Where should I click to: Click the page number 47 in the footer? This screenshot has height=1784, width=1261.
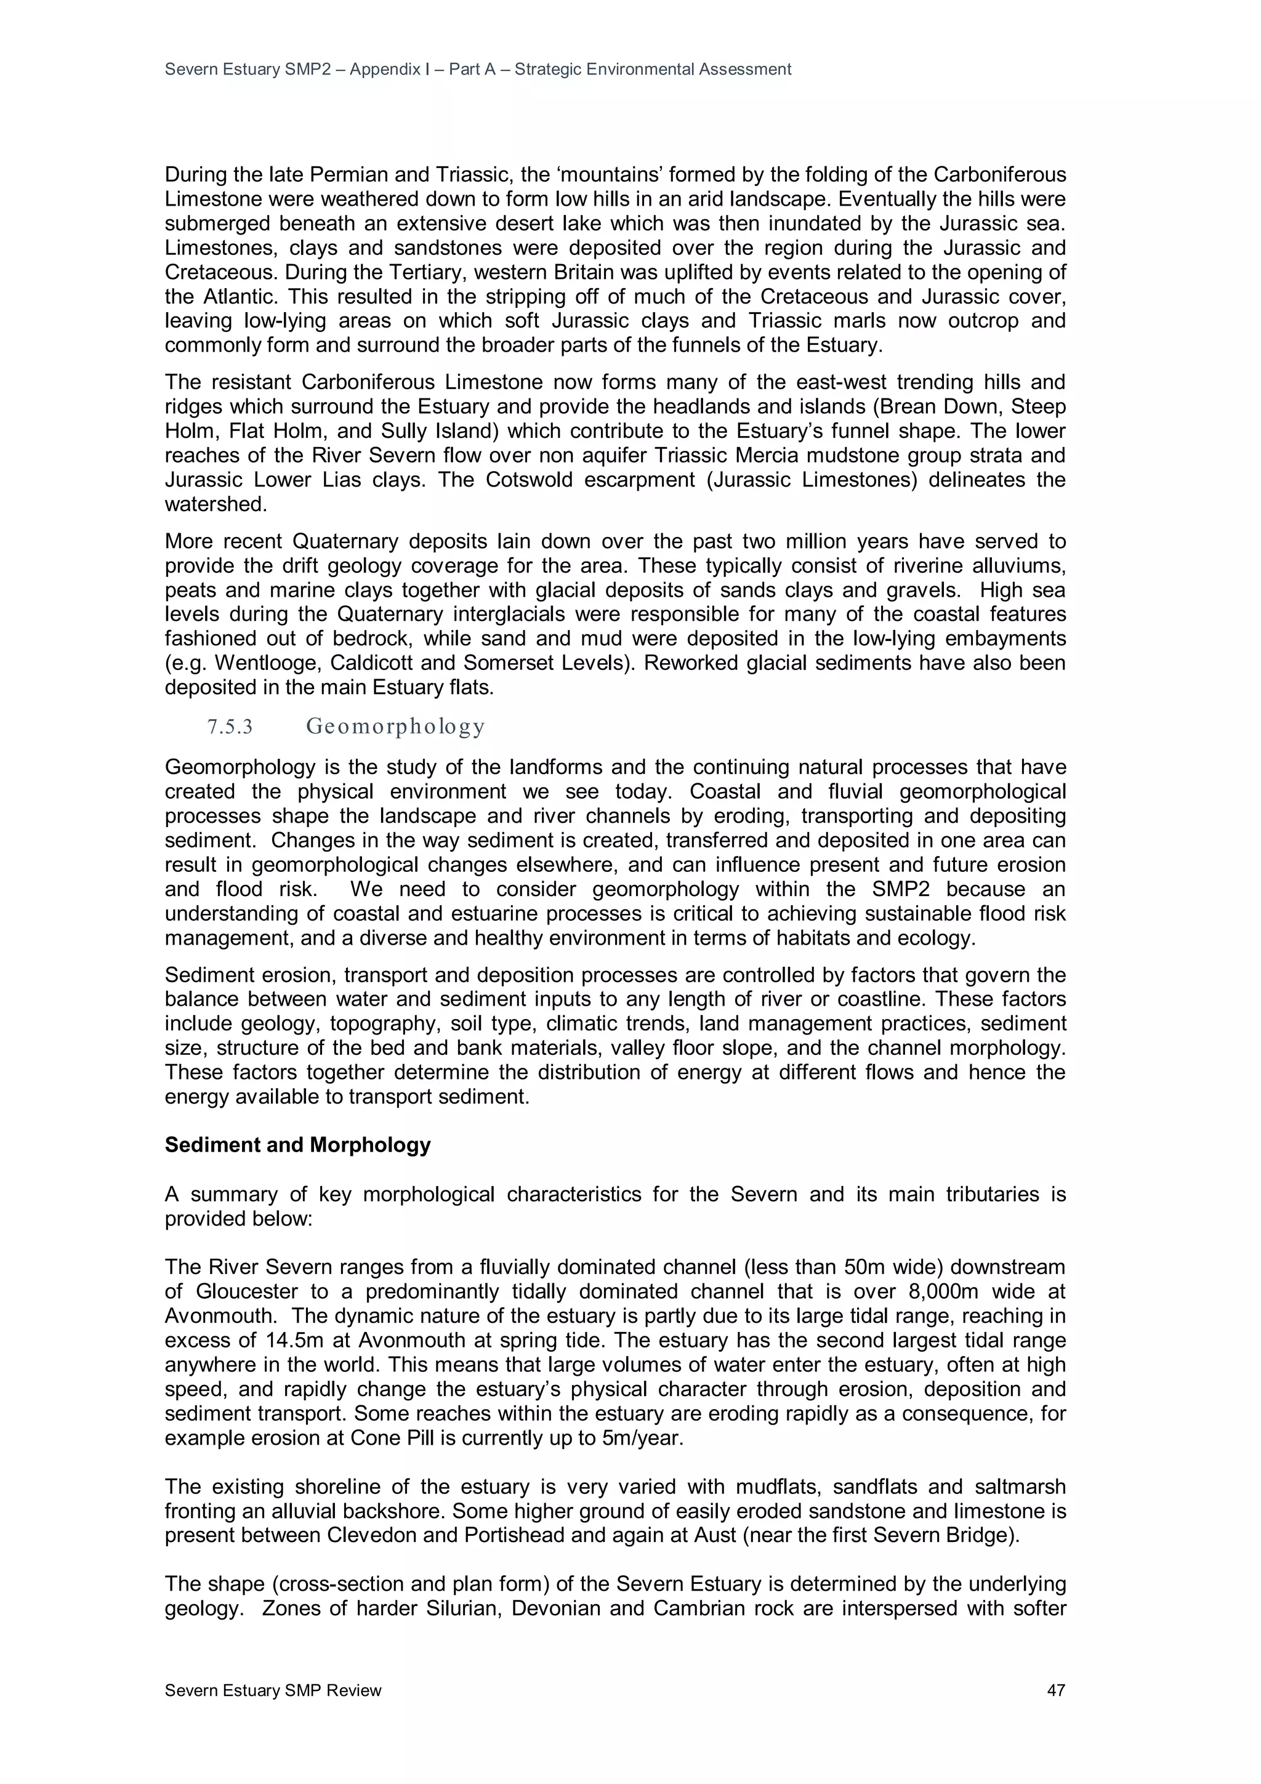click(x=1055, y=1690)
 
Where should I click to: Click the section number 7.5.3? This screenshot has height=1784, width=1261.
click(x=230, y=727)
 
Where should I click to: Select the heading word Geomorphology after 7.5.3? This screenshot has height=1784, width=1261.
click(x=395, y=727)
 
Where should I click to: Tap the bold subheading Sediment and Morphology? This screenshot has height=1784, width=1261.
click(x=297, y=1145)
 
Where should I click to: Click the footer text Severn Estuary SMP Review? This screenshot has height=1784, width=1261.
click(x=273, y=1690)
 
